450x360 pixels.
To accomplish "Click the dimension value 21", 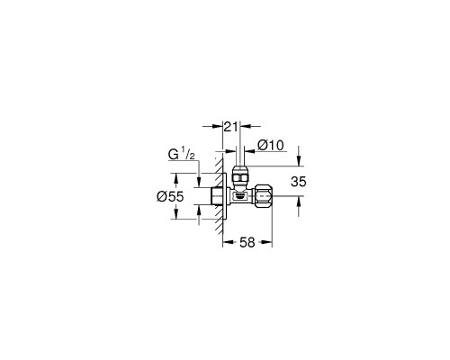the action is point(230,127).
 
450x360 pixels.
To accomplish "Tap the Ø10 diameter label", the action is point(270,146).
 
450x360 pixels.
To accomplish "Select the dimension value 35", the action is point(299,182).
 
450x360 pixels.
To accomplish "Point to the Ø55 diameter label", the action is point(170,197).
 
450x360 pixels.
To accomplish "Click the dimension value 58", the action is point(247,242).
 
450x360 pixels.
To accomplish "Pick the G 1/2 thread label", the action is point(182,155).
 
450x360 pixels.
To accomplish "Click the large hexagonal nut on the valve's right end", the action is point(263,196).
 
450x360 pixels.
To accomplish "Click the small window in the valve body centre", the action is point(239,197).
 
